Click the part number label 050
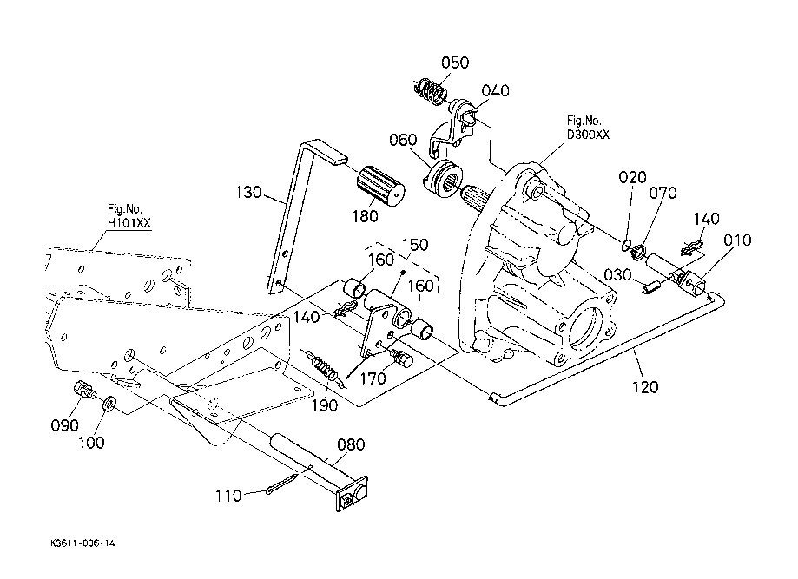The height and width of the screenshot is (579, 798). pos(454,63)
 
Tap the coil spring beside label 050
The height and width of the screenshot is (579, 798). pos(429,90)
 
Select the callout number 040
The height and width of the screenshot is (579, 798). pos(496,91)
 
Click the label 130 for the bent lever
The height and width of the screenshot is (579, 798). pos(248,192)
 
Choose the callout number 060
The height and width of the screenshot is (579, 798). pos(404,140)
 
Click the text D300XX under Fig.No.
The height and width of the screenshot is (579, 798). pos(588,134)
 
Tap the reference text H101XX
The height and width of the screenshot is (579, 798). pos(129,222)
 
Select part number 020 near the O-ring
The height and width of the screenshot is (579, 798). pos(632,177)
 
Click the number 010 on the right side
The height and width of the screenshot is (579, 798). pos(737,240)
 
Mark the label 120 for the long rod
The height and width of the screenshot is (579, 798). pos(645,386)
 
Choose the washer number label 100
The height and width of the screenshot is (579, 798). pos(92,443)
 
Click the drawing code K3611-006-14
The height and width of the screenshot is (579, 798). pos(82,543)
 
